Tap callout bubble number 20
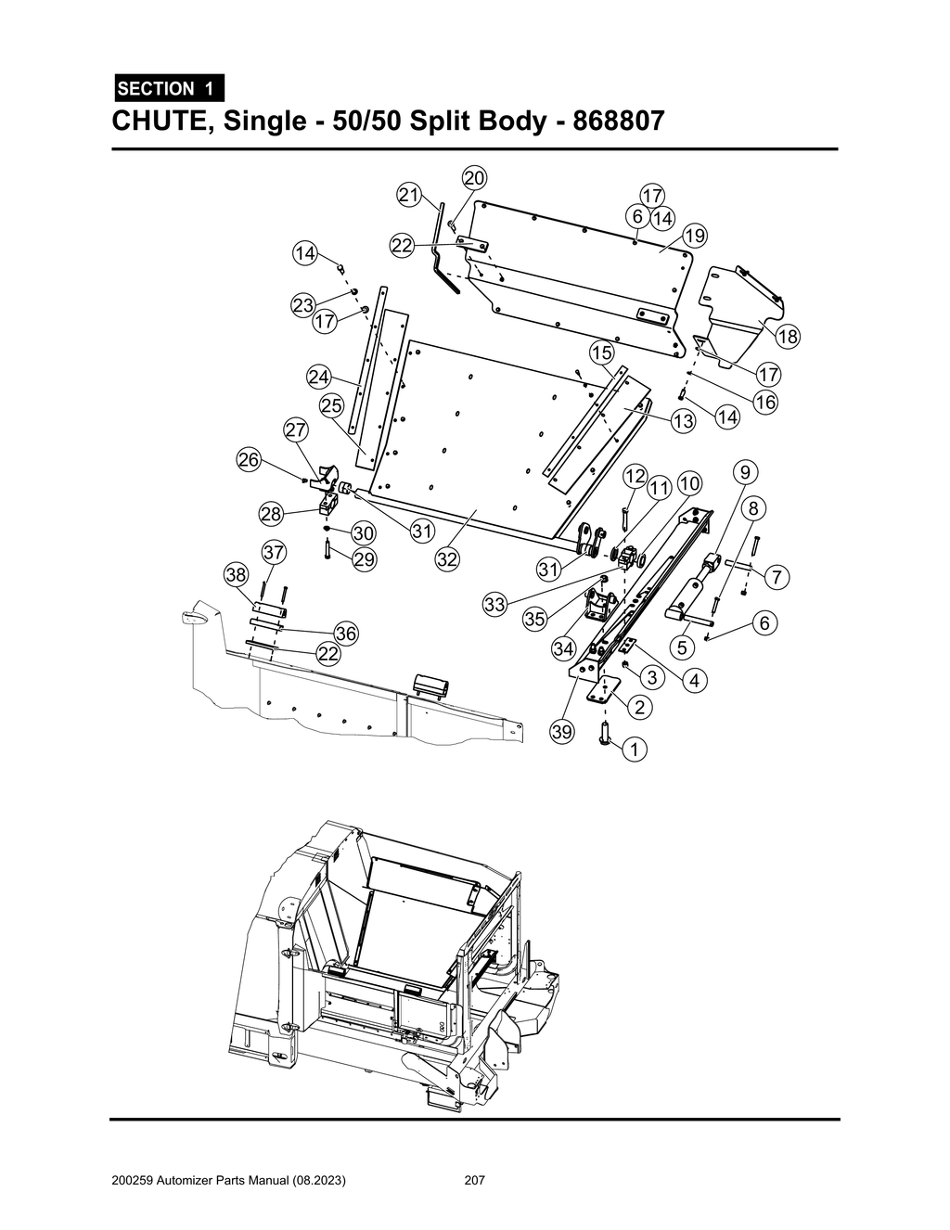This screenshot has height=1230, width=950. [x=474, y=178]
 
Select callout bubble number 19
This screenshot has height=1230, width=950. [x=694, y=236]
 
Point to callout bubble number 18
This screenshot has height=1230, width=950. [x=788, y=337]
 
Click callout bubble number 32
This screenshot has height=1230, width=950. [x=447, y=559]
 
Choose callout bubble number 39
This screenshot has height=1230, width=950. [x=561, y=732]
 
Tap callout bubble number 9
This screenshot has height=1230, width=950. [x=745, y=472]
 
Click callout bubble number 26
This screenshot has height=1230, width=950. [x=249, y=459]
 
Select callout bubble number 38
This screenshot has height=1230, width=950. [x=237, y=575]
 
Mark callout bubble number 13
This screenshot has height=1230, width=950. [x=683, y=421]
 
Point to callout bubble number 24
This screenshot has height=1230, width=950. [x=318, y=377]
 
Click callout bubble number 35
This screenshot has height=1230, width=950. [x=534, y=621]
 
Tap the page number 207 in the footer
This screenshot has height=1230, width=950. [x=475, y=1181]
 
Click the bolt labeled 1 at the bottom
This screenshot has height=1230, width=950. [x=605, y=734]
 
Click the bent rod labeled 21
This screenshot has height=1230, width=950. [x=440, y=246]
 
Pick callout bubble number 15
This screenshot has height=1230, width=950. [x=601, y=352]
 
